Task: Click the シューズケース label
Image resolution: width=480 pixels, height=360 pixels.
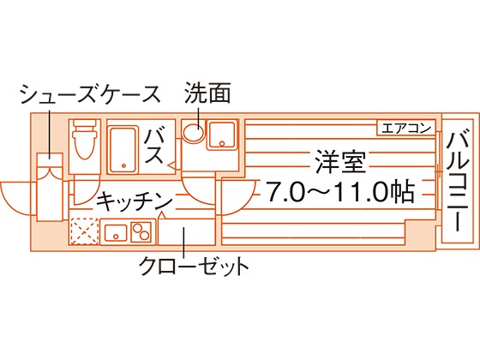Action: [x=90, y=94]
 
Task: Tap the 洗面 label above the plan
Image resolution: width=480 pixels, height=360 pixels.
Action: [x=207, y=93]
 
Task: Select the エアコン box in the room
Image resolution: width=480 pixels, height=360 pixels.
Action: [x=406, y=128]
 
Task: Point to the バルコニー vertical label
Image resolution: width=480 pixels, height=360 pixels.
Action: [x=458, y=181]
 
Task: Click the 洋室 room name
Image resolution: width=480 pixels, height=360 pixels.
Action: [x=341, y=162]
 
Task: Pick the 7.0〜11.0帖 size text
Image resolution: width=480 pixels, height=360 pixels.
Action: [x=340, y=192]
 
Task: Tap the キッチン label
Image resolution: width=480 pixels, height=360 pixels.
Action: [x=135, y=201]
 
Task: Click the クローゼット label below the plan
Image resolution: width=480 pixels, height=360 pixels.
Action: [x=194, y=267]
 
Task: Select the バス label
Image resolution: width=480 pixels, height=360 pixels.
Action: [x=153, y=146]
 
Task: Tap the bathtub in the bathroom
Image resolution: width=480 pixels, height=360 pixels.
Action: [x=123, y=150]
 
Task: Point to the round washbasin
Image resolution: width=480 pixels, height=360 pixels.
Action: [x=194, y=132]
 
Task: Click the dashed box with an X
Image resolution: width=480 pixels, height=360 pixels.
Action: [x=84, y=231]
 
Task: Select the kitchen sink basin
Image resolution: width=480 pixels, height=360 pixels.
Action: [x=116, y=232]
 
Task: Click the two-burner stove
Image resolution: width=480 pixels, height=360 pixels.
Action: [x=141, y=231]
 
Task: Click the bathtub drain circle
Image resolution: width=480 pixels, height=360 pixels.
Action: [x=123, y=166]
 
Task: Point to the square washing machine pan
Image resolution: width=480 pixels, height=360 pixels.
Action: [x=222, y=135]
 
